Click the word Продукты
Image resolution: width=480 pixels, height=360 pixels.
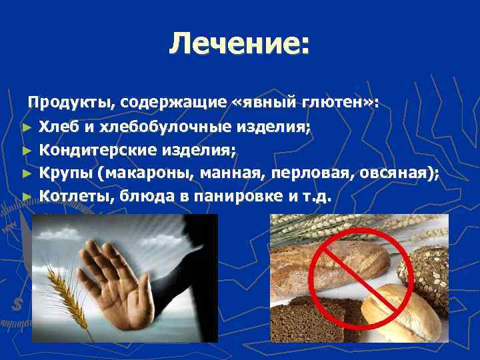tap(63, 103)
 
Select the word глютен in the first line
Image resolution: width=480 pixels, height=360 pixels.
tap(337, 103)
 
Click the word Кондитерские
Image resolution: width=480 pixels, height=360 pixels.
tap(96, 150)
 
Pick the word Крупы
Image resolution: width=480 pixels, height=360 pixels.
tap(65, 173)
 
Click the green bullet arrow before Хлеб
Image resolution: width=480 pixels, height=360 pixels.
tap(26, 127)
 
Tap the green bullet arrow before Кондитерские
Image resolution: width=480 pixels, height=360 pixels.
tap(26, 151)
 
